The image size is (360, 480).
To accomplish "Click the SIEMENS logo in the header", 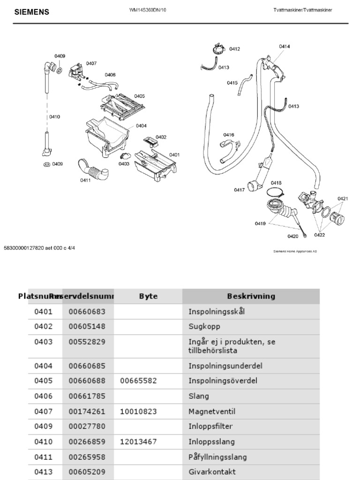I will point(32,12).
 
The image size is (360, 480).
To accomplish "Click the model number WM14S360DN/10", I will point(148,10).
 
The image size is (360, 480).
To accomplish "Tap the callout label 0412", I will point(234,49).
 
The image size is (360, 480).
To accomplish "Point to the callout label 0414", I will point(284,46).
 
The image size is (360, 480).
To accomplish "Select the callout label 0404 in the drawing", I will point(141,126).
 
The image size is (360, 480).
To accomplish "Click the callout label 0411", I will point(85,180).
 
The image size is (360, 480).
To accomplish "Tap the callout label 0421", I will point(342,199).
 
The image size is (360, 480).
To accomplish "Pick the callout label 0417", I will point(239,190).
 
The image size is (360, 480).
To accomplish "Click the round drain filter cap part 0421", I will point(337,217).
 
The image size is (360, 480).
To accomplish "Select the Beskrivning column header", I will point(251,296).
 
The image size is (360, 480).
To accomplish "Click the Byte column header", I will point(148,296).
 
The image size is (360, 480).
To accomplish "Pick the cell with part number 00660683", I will point(87,311).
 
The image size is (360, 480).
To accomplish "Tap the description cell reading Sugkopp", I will point(204,326).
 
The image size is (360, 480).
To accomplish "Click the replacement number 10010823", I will point(138,412).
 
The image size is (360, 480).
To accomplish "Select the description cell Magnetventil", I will point(211,412).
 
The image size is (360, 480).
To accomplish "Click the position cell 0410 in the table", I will point(44,442).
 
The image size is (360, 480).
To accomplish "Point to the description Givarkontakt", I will point(212,472).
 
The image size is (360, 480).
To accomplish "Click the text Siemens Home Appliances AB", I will point(295,251).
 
